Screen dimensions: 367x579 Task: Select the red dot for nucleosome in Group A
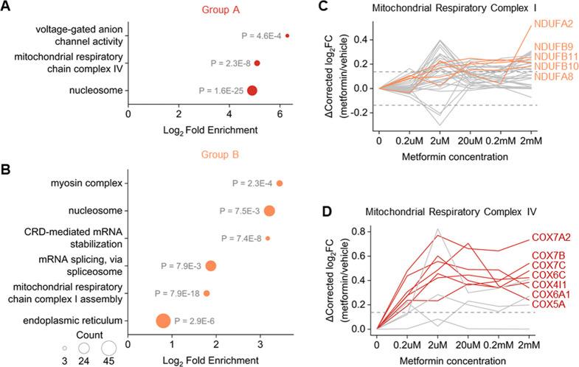point(252,91)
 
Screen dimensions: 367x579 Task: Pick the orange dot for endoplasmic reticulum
point(162,321)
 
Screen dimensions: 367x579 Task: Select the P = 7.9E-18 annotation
point(177,293)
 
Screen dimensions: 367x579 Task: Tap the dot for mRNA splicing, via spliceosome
point(211,266)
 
